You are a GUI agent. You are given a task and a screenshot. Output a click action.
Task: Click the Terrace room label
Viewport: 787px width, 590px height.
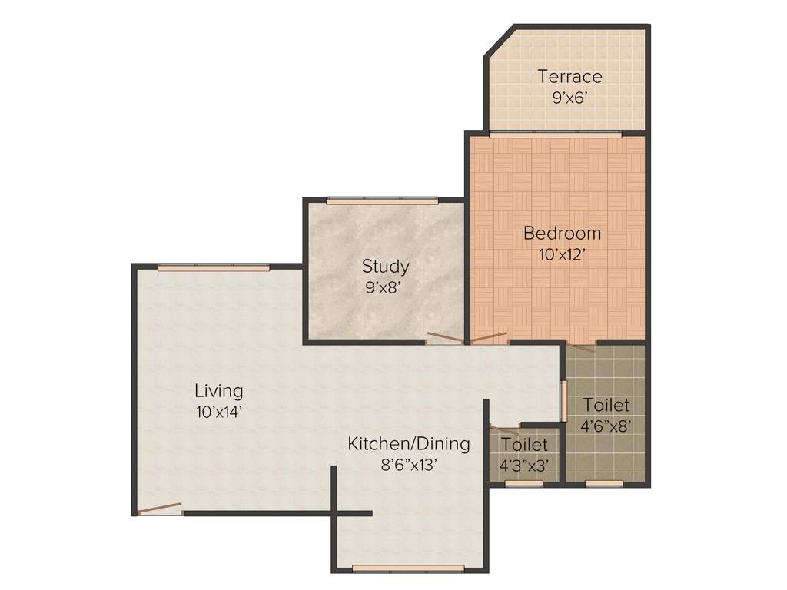(x=569, y=76)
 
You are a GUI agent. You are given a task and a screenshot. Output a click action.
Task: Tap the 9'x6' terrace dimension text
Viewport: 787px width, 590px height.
(x=569, y=98)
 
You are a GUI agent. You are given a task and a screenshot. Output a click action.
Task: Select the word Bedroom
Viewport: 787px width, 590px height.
(x=562, y=233)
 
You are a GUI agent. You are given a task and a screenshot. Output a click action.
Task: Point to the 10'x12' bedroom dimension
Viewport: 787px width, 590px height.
(x=562, y=255)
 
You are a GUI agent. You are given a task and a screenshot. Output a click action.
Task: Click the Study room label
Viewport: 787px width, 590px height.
(x=385, y=267)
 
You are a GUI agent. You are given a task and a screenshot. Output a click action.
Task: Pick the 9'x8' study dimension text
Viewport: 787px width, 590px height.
(x=385, y=289)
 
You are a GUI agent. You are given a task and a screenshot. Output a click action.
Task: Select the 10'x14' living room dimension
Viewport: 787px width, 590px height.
(x=219, y=412)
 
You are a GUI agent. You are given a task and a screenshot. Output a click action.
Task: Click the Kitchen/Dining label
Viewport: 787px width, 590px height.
(x=408, y=443)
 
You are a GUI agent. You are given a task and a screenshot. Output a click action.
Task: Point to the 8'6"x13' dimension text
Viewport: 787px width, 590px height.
(x=408, y=465)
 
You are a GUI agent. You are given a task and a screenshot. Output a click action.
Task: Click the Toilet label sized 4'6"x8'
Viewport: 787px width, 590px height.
(x=606, y=405)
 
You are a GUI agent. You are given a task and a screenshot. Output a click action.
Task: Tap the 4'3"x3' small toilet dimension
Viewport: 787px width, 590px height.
(x=523, y=466)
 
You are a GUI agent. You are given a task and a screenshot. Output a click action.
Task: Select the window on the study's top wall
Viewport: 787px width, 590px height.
(x=382, y=201)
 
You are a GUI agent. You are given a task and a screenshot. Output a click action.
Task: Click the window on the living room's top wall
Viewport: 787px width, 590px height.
(x=214, y=267)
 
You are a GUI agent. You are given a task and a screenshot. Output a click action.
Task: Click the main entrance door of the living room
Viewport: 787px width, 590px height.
(x=159, y=509)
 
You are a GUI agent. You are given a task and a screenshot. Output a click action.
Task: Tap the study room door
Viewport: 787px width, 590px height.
(x=446, y=338)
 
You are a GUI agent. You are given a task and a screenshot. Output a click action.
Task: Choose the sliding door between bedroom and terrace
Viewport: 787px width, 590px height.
(x=555, y=134)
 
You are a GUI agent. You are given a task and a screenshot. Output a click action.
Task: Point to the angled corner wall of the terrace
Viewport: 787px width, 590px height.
(x=499, y=41)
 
